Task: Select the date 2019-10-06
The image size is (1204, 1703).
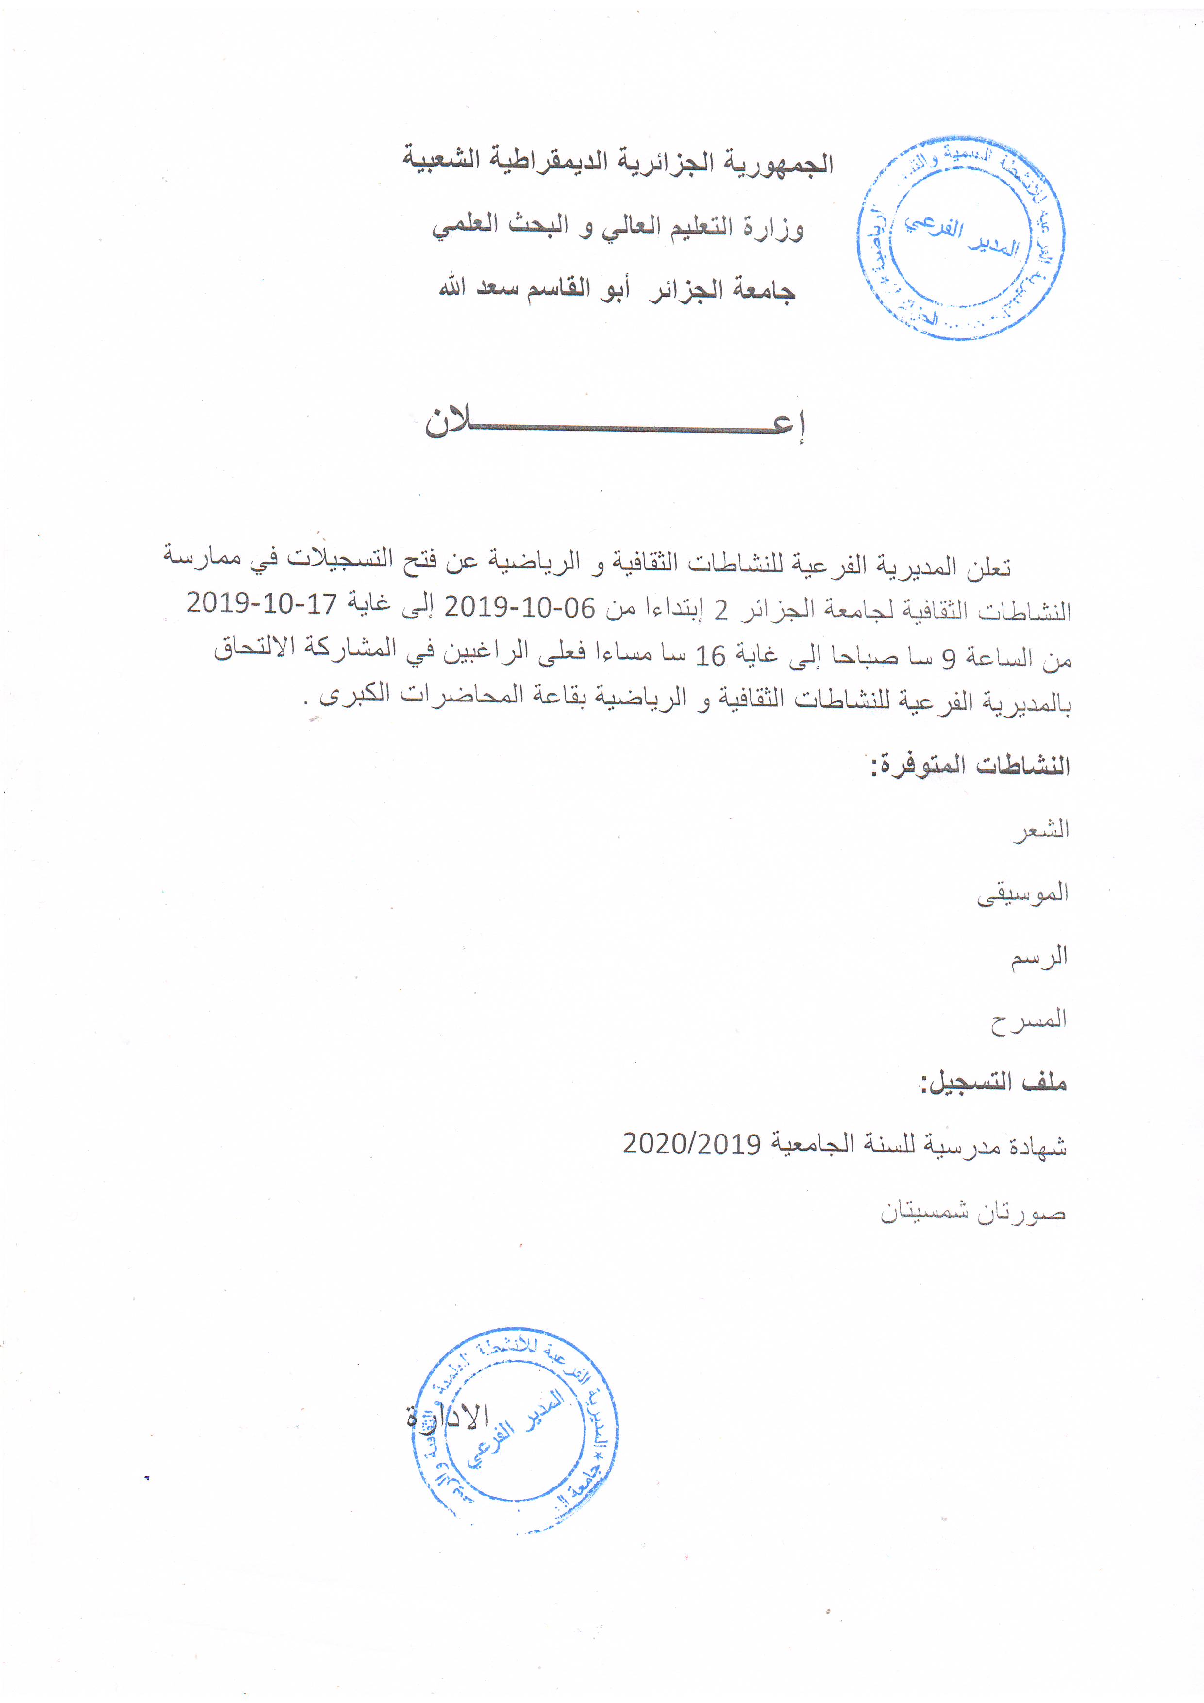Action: coord(519,608)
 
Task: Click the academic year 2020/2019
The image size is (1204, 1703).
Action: coord(691,1145)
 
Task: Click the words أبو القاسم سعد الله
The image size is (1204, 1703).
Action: coord(534,288)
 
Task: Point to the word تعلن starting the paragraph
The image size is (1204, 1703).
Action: coord(989,568)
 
